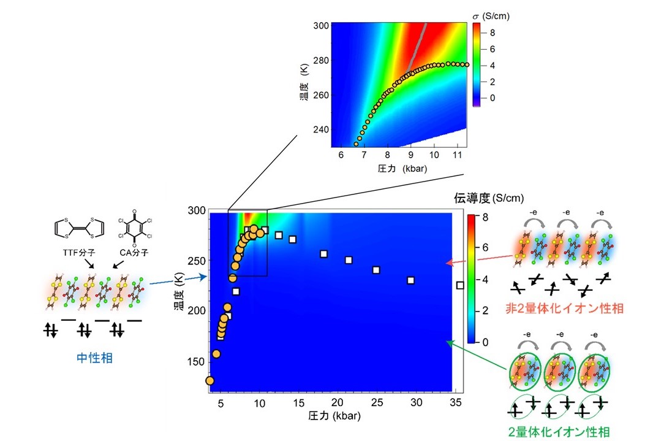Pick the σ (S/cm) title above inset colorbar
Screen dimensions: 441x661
click(x=491, y=16)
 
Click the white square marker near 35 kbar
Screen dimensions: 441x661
click(x=460, y=285)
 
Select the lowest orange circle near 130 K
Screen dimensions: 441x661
click(x=210, y=381)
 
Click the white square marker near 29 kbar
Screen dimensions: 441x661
click(x=410, y=280)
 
